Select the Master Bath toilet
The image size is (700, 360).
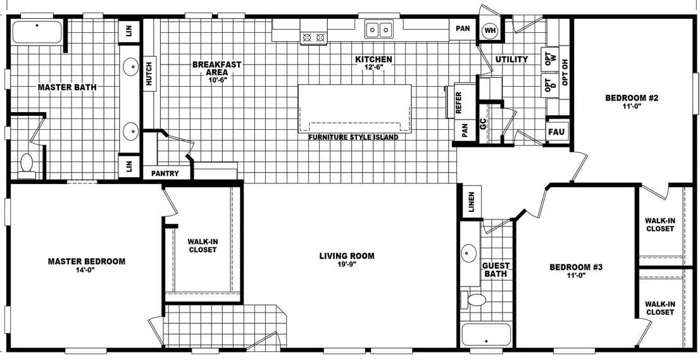[27, 163]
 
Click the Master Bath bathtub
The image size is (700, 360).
[37, 32]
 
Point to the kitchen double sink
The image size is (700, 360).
[379, 29]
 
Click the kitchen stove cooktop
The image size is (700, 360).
[314, 37]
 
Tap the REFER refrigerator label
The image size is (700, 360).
[458, 103]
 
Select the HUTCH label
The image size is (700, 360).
[149, 73]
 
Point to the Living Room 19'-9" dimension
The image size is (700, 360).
[346, 264]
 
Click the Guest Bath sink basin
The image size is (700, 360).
[469, 254]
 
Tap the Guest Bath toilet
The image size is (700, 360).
[475, 299]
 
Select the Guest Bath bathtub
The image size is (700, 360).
[486, 335]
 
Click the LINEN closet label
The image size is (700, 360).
[471, 202]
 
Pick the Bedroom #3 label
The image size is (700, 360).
[575, 267]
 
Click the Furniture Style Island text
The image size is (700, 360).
[353, 137]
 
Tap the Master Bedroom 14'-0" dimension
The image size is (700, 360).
[87, 270]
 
